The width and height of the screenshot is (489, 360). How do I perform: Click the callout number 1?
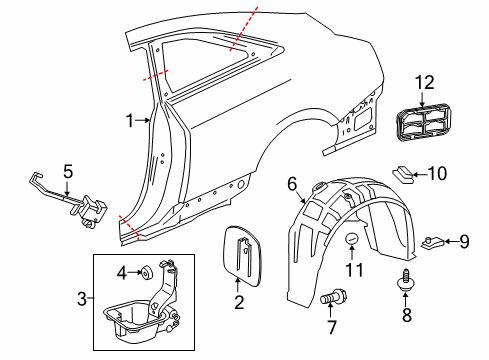point(129,121)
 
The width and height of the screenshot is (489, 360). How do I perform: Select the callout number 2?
point(239,301)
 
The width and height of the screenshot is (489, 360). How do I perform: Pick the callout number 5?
point(68,172)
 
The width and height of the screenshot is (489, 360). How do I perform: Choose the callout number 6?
point(293,183)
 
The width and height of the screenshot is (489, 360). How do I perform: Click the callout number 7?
point(330,328)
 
